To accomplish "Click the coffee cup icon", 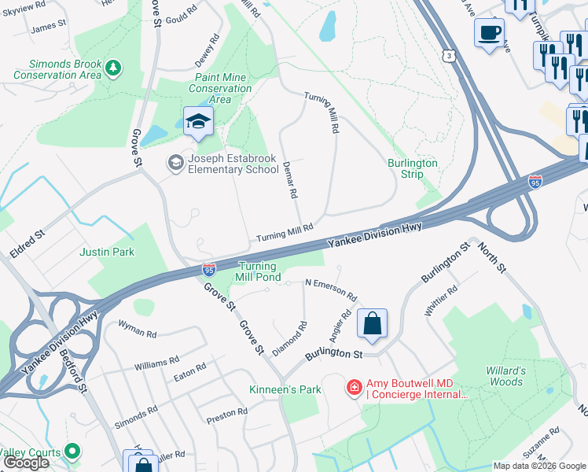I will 489,33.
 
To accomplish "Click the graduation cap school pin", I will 199,121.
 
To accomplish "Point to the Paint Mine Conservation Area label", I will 220,89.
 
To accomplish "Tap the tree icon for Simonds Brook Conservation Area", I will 114,68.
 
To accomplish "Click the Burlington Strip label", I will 412,168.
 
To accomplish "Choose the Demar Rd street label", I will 290,181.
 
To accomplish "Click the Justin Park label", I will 107,253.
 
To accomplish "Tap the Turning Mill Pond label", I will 259,272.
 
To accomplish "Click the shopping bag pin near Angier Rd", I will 372,323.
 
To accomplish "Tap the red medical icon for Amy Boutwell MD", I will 355,388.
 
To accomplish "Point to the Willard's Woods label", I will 504,376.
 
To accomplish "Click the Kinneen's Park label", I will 285,389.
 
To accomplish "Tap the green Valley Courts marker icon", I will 72,451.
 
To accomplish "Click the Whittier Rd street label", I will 440,301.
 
